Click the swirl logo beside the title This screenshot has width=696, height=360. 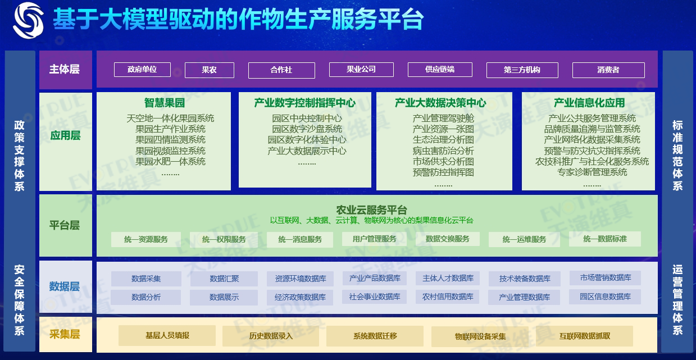[28, 21]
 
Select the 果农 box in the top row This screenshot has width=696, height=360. [209, 70]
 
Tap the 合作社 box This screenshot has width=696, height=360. [281, 70]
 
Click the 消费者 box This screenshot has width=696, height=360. [608, 70]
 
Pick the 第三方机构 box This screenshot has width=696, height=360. [522, 70]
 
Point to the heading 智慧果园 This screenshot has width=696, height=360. [164, 103]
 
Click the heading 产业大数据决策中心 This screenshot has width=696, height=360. [440, 103]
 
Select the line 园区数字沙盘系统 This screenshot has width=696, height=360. [307, 129]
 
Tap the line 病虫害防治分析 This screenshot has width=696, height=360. [443, 151]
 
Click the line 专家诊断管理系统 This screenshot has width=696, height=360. [592, 172]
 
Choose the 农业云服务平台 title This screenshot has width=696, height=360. [371, 210]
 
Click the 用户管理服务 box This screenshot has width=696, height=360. [374, 239]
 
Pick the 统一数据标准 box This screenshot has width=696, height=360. [604, 239]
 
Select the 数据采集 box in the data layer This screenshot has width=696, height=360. [146, 279]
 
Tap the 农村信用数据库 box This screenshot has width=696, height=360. [448, 297]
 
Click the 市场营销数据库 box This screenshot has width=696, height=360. [606, 277]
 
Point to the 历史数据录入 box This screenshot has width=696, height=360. [271, 336]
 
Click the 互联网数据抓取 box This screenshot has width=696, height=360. [584, 336]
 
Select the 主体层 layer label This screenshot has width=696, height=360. [65, 69]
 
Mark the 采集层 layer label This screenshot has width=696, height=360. [65, 335]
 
